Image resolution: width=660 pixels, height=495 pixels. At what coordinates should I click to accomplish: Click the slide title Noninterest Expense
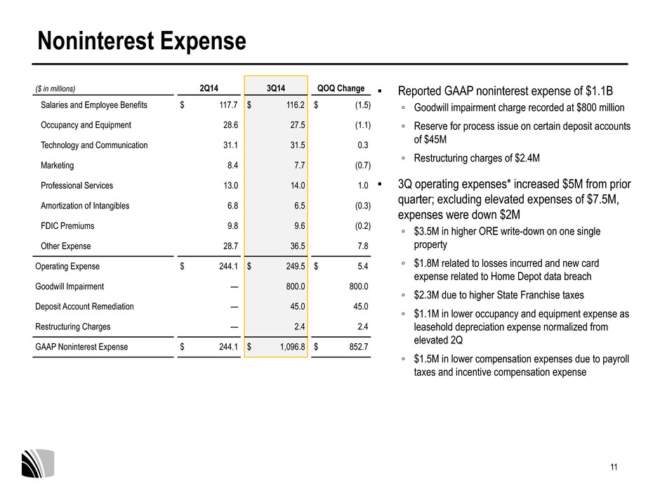141,41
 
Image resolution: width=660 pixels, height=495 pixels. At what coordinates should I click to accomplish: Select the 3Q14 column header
276,88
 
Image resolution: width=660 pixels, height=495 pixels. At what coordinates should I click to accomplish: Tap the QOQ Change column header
341,88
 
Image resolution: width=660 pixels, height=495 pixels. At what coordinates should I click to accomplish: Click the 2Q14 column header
209,88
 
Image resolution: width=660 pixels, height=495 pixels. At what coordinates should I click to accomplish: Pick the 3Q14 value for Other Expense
298,246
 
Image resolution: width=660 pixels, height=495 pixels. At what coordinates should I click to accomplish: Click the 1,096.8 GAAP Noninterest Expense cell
293,347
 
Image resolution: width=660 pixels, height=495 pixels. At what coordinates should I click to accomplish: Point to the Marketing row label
58,166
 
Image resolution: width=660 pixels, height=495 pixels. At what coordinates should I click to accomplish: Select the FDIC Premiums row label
67,226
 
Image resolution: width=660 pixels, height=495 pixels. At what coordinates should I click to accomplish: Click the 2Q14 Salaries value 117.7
229,105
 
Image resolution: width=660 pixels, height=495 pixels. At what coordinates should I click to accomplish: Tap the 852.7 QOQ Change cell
359,347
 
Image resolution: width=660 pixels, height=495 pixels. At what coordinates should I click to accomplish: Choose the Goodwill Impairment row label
70,286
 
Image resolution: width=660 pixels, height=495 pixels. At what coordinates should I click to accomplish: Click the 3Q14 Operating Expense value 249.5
296,266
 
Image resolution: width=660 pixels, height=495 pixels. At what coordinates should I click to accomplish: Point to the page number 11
614,467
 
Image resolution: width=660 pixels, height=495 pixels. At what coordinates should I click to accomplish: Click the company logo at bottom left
38,463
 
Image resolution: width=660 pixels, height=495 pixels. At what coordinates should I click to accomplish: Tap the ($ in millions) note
55,88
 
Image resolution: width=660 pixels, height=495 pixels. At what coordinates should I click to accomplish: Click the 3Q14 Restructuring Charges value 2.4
299,326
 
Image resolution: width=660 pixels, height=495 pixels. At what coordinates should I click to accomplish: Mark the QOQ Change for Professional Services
363,185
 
